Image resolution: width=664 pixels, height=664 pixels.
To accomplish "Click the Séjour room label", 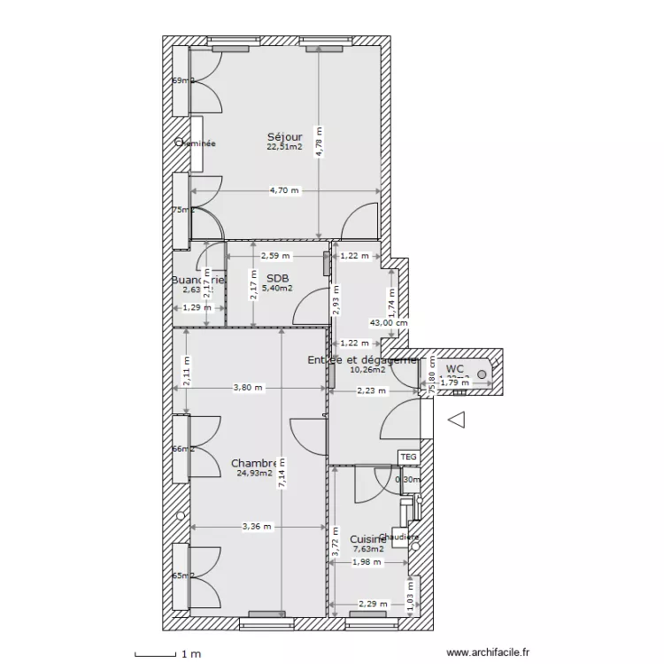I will [x=284, y=137].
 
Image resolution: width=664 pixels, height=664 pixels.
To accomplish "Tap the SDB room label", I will [x=278, y=277].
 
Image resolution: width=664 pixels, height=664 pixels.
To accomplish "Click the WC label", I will [x=455, y=368].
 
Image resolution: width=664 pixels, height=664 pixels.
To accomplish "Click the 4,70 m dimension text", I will [x=284, y=190].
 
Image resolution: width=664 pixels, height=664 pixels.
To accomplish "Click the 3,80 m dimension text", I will [x=249, y=387].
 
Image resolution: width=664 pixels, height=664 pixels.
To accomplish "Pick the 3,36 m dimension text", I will [x=258, y=526].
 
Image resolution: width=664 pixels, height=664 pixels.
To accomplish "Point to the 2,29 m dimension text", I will [x=373, y=605].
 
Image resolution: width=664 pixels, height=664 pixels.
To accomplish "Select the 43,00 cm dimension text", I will [x=390, y=323].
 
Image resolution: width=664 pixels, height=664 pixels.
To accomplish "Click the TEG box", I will [x=407, y=457].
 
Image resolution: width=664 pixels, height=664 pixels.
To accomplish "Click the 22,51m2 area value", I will [x=284, y=147].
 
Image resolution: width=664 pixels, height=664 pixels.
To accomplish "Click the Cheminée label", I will [x=196, y=143].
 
